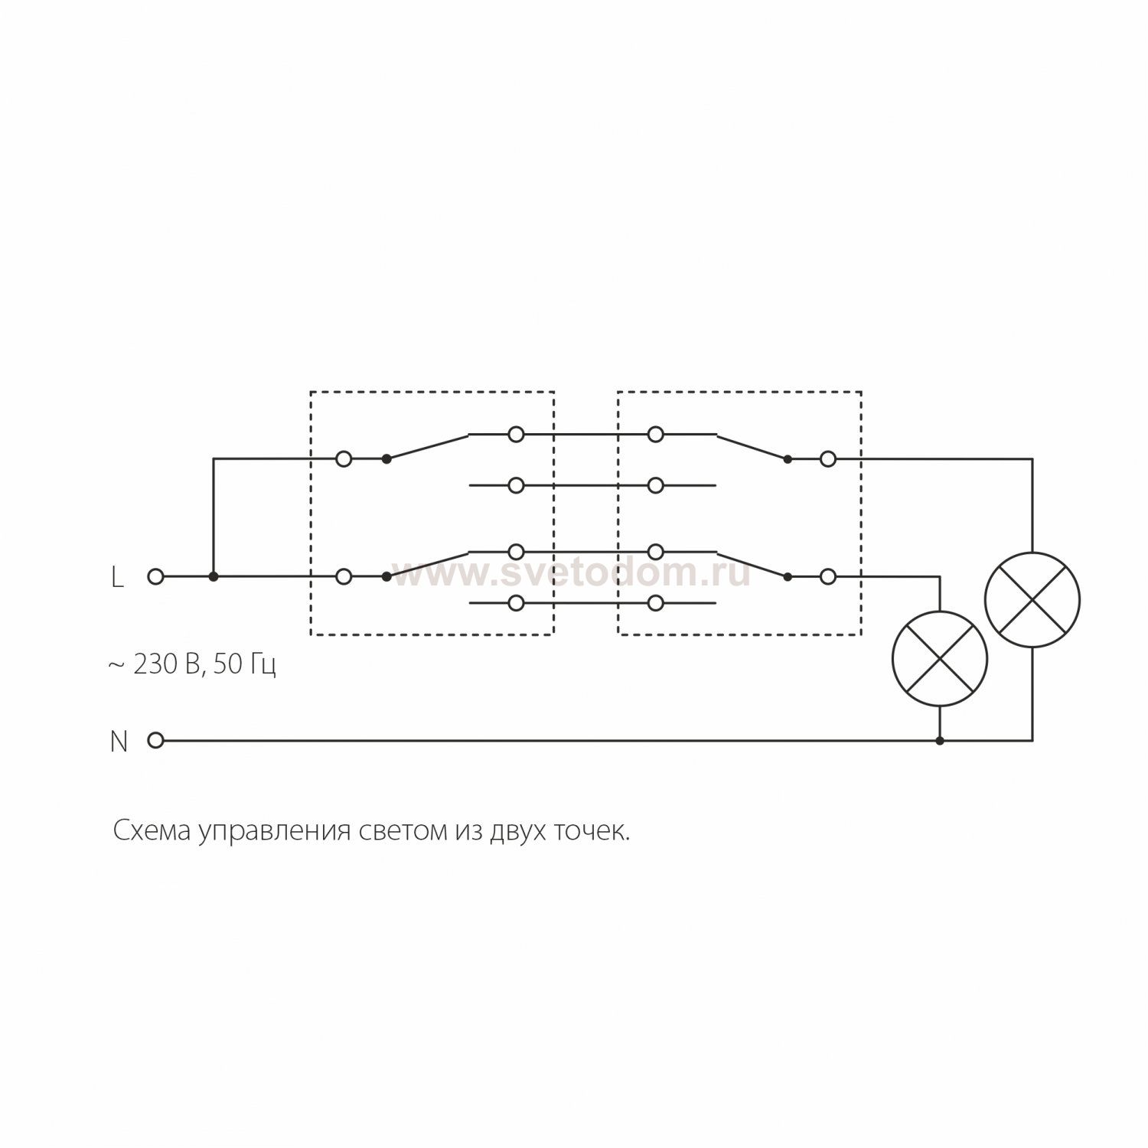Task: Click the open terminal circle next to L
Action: point(155,576)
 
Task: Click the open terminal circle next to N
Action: point(155,740)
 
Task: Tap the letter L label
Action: point(117,578)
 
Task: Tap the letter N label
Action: point(119,742)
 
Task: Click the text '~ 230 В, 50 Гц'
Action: point(192,664)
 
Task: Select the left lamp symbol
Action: point(940,658)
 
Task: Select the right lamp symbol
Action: point(1032,599)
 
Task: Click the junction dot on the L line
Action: point(214,576)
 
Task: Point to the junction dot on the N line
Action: point(940,740)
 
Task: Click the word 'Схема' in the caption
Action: point(152,831)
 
